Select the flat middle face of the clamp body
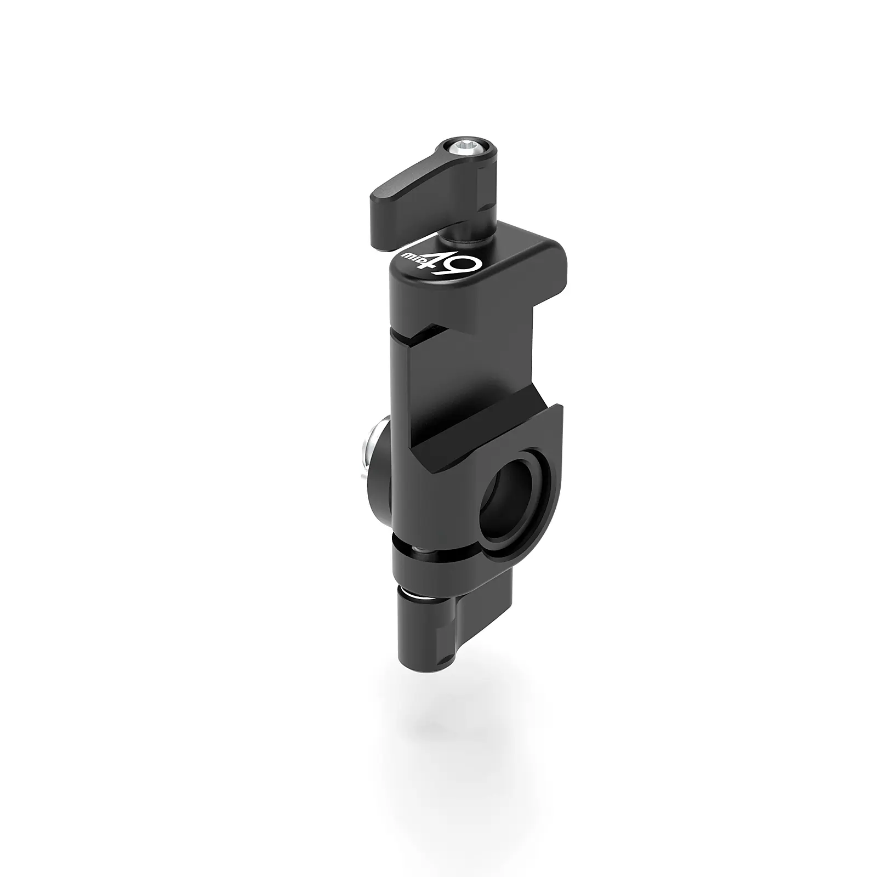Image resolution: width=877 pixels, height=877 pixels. (466, 373)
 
